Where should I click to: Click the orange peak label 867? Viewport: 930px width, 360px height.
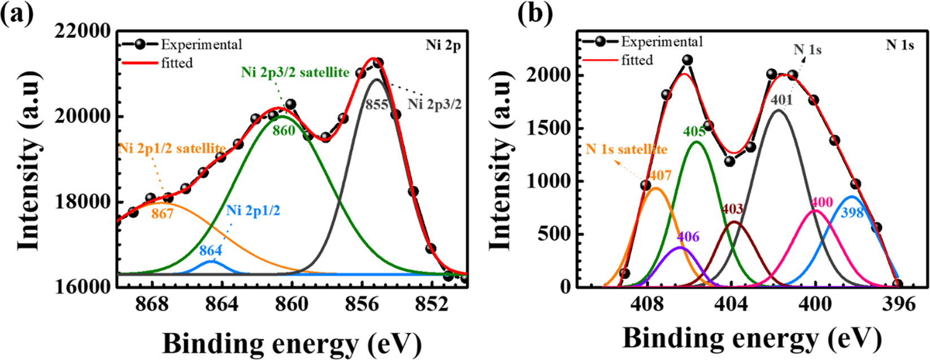tap(162, 215)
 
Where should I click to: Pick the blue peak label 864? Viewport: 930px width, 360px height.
tap(210, 250)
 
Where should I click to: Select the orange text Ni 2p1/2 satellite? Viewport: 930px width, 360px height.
tap(172, 148)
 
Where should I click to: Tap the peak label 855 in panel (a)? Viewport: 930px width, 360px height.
tap(377, 105)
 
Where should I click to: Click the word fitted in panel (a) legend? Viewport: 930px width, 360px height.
tap(177, 63)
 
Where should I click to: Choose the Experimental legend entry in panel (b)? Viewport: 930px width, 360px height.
tap(662, 42)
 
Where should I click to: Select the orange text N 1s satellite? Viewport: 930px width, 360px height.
tap(626, 150)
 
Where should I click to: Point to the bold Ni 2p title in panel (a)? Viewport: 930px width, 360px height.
tap(443, 45)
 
